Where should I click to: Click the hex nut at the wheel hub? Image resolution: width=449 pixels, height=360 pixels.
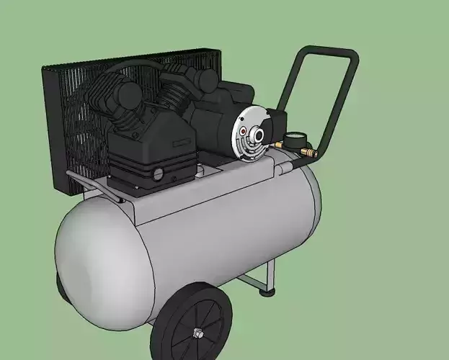point(196,333)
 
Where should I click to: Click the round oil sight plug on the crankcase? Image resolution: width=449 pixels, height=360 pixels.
point(157,174)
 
